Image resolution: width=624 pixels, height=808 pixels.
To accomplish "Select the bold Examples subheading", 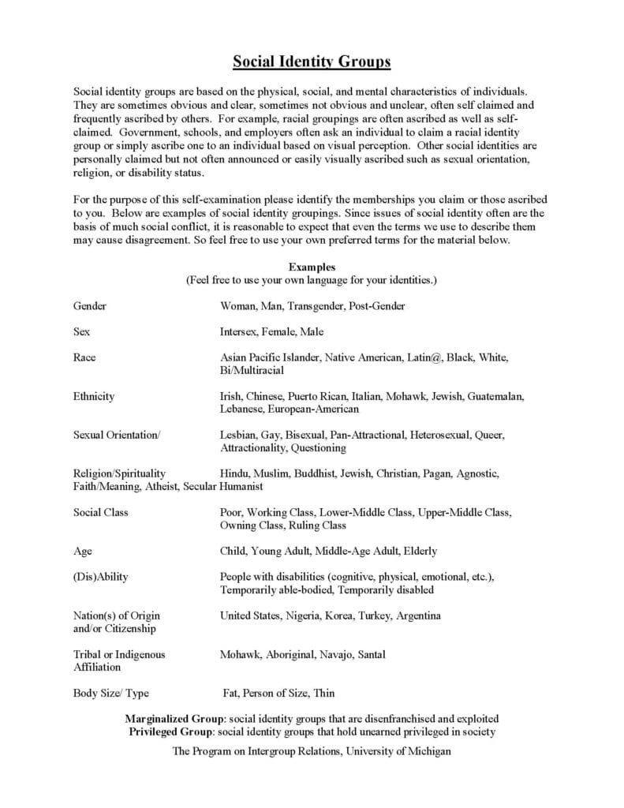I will pyautogui.click(x=312, y=267).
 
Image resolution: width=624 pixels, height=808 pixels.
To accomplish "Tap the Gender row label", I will pyautogui.click(x=90, y=305).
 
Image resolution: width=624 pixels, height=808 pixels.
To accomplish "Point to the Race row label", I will pyautogui.click(x=84, y=357).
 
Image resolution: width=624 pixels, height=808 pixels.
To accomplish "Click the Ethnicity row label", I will pyautogui.click(x=94, y=396).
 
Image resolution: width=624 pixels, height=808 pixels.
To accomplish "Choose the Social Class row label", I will pyautogui.click(x=101, y=512).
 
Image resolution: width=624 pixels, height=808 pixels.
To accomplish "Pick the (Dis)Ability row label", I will pyautogui.click(x=101, y=577).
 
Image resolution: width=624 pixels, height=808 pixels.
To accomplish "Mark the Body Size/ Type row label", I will pyautogui.click(x=111, y=693).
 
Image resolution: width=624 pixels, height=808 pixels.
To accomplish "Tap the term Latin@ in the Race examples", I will pyautogui.click(x=424, y=357).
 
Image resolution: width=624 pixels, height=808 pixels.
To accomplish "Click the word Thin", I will pyautogui.click(x=323, y=693).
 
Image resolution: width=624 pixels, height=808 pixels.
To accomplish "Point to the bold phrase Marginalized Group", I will pyautogui.click(x=174, y=719).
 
